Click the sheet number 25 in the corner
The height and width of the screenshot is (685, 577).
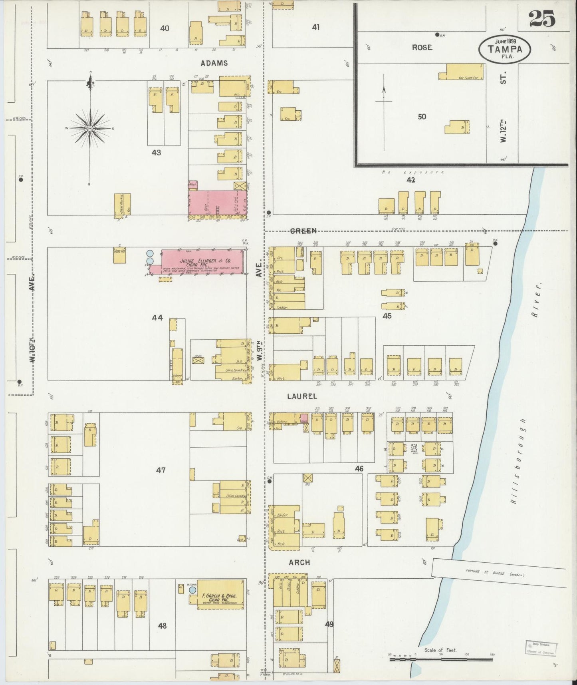tap(542, 19)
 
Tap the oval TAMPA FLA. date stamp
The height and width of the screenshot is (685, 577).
tap(505, 49)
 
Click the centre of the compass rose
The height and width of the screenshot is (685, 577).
tap(90, 128)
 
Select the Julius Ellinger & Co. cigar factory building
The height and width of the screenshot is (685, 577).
tap(202, 261)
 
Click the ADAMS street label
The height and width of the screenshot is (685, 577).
tap(214, 63)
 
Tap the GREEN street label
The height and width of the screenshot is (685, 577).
tap(303, 231)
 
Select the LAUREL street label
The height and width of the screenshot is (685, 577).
tap(302, 396)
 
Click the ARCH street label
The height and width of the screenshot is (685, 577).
tap(299, 562)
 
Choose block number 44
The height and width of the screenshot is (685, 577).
tap(157, 318)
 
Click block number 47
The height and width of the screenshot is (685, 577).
tap(161, 470)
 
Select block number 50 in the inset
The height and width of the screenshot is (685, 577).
tap(422, 117)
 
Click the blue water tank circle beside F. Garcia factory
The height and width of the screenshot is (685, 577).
tap(192, 589)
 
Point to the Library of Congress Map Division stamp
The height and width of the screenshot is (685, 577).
tap(541, 647)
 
